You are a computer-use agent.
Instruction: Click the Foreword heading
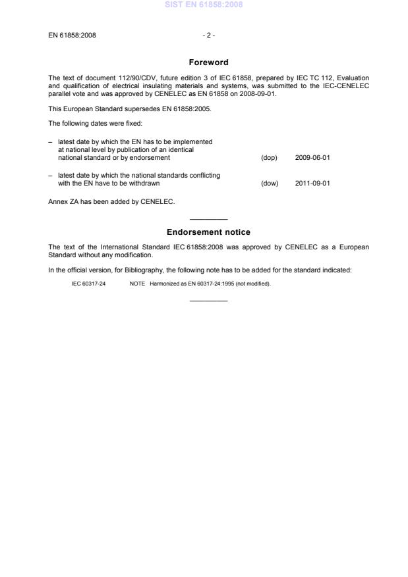point(208,63)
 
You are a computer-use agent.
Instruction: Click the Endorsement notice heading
point(208,232)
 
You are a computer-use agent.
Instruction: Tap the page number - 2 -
point(208,35)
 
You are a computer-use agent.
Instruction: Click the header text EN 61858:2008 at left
point(73,35)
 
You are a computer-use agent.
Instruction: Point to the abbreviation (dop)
point(270,158)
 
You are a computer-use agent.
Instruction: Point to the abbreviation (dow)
point(270,184)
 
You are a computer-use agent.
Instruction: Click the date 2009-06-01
point(312,158)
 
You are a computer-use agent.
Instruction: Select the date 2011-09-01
point(312,184)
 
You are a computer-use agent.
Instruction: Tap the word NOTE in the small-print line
point(137,284)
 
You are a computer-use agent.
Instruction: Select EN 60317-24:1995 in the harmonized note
point(202,284)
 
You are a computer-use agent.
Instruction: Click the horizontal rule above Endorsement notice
point(208,219)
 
